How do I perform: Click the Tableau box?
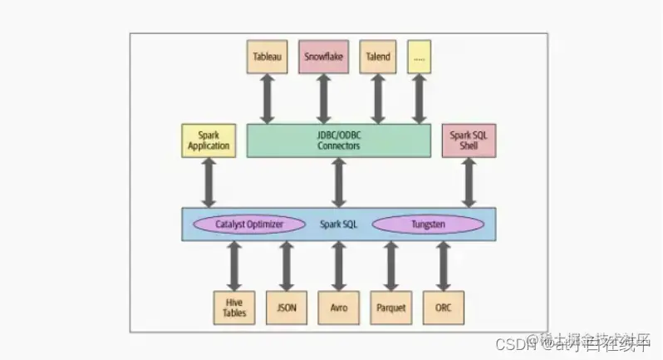pyautogui.click(x=267, y=57)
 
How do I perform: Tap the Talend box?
pyautogui.click(x=377, y=57)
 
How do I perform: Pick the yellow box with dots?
pyautogui.click(x=420, y=57)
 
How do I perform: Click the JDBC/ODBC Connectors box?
pyautogui.click(x=338, y=140)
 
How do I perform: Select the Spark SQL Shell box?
pyautogui.click(x=469, y=140)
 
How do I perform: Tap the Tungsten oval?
pyautogui.click(x=428, y=224)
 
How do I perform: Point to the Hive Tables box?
pyautogui.click(x=233, y=308)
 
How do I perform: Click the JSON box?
pyautogui.click(x=286, y=308)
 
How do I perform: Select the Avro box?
pyautogui.click(x=339, y=308)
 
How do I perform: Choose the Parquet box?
pyautogui.click(x=390, y=308)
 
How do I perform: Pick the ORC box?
pyautogui.click(x=443, y=308)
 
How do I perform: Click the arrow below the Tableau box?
pyautogui.click(x=267, y=98)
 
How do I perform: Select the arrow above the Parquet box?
pyautogui.click(x=390, y=266)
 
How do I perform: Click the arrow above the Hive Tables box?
pyautogui.click(x=233, y=266)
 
